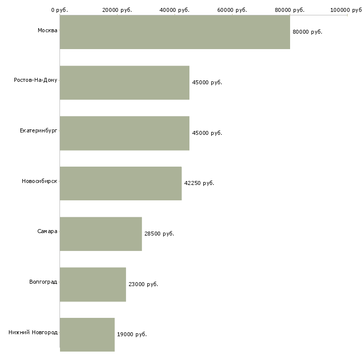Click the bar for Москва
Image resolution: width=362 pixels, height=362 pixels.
point(175,32)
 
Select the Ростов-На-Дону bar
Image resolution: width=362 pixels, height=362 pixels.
point(124,82)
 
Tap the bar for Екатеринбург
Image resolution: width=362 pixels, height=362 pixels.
point(124,133)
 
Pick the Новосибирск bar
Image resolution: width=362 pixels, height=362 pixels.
point(121,183)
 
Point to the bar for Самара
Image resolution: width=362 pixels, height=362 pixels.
point(101,234)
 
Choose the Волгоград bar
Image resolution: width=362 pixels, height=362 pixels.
point(93,284)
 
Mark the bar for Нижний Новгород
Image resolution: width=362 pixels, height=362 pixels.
point(87,335)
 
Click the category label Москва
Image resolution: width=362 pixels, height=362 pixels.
point(47,31)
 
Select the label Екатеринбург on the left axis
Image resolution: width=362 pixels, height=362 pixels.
point(39,130)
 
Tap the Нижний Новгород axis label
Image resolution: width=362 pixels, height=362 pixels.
point(33,332)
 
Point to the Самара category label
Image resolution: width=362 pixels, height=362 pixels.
point(47,232)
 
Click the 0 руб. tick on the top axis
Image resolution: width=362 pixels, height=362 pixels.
point(60,10)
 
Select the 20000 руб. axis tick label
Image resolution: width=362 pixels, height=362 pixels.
point(117,10)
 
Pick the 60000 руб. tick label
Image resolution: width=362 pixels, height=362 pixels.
point(232,10)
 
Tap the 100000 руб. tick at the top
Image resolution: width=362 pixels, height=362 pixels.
point(346,10)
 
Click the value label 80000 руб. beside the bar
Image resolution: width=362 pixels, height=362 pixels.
point(307,32)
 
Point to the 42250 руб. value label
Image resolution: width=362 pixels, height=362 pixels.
point(199,183)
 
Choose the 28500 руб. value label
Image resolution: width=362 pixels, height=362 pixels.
point(159,234)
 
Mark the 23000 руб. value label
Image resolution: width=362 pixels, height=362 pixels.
point(143,284)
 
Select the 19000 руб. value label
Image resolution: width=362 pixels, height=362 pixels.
point(132,335)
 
